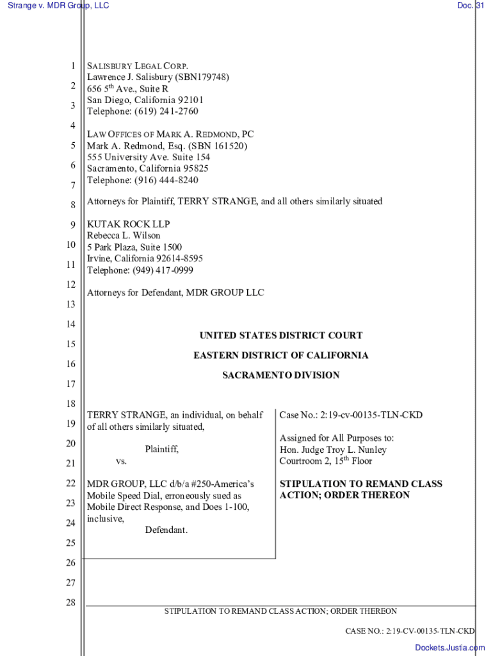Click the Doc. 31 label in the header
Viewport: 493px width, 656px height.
pyautogui.click(x=474, y=6)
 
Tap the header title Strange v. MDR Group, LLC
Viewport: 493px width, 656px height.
pyautogui.click(x=58, y=6)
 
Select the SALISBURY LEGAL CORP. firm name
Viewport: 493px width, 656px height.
pyautogui.click(x=138, y=66)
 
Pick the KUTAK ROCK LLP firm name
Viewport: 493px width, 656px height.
pyautogui.click(x=129, y=225)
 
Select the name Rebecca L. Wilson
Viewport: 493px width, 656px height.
pyautogui.click(x=124, y=236)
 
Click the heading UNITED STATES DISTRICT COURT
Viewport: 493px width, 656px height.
pyautogui.click(x=280, y=336)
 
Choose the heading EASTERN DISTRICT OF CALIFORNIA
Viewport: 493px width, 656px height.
pyautogui.click(x=280, y=356)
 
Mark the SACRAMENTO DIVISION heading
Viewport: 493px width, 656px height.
pyautogui.click(x=280, y=375)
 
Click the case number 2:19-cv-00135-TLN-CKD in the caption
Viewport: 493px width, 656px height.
pyautogui.click(x=371, y=416)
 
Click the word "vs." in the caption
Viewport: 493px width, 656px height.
pyautogui.click(x=121, y=462)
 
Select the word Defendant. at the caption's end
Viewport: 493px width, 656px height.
pyautogui.click(x=166, y=530)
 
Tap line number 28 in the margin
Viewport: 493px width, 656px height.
pyautogui.click(x=70, y=603)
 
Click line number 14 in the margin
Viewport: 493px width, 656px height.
pyautogui.click(x=70, y=325)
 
